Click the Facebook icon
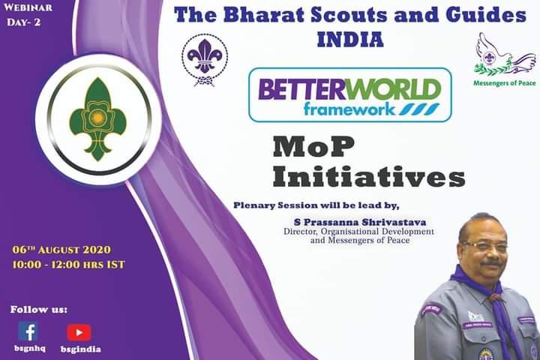28,331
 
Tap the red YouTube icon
79,331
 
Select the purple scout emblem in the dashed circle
205,59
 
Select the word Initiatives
368,176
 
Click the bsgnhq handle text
28,349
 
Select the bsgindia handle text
80,349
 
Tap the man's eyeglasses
483,245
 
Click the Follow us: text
38,308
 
